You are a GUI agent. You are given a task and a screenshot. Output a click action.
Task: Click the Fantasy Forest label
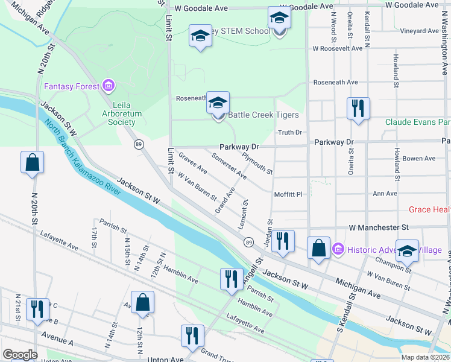pyautogui.click(x=71, y=86)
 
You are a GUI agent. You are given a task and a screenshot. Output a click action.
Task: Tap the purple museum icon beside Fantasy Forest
pyautogui.click(x=109, y=86)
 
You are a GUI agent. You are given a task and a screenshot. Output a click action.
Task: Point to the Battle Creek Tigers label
pyautogui.click(x=263, y=115)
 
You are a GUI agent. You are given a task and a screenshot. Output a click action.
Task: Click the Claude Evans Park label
pyautogui.click(x=418, y=121)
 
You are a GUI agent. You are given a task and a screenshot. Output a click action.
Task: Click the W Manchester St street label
pyautogui.click(x=378, y=227)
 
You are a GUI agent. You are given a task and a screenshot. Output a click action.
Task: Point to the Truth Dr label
pyautogui.click(x=289, y=133)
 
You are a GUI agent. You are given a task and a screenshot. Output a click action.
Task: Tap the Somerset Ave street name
pyautogui.click(x=229, y=166)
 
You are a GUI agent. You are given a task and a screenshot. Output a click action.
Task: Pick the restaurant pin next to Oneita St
pyautogui.click(x=358, y=109)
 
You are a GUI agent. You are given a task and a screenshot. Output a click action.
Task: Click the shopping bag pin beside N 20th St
pyautogui.click(x=32, y=162)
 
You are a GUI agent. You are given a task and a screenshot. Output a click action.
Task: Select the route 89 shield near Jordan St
pyautogui.click(x=248, y=242)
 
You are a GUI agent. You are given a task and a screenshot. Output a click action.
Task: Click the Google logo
pyautogui.click(x=20, y=355)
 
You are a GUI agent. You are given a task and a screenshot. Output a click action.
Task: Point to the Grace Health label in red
pyautogui.click(x=429, y=209)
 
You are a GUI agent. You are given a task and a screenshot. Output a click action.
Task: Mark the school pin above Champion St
pyautogui.click(x=408, y=252)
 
